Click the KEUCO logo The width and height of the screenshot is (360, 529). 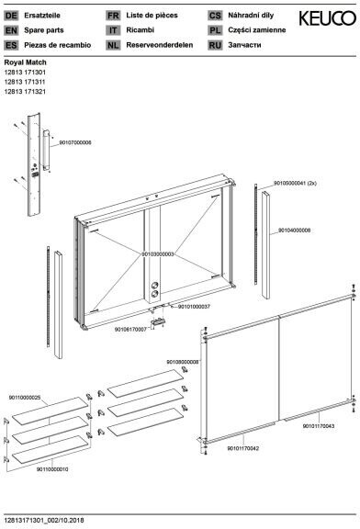coord(327,18)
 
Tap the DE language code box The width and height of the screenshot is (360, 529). coord(11,16)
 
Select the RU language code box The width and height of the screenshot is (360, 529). coord(215,45)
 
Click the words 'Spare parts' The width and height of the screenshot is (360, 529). coord(44,30)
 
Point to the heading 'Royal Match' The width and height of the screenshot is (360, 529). coord(26,62)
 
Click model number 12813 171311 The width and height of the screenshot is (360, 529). coord(25,82)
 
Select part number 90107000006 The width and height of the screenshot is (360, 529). coord(75,142)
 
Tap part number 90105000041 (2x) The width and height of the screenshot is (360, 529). coord(295,183)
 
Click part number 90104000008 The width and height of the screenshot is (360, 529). coord(294,231)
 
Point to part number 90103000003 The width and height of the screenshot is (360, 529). coord(158,254)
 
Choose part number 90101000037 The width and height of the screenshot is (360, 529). coord(194,307)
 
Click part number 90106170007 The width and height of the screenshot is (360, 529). coord(130,330)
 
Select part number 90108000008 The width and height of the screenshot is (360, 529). coord(183,362)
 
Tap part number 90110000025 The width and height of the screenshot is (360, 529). coord(25,398)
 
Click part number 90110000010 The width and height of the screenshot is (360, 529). coord(52,469)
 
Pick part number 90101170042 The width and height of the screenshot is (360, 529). coord(243,448)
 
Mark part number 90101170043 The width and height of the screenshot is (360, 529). coord(319,426)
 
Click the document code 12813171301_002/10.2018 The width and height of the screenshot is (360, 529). coord(44,521)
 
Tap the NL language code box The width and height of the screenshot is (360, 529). coord(113,45)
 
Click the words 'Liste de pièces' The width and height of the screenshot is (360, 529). coord(152,16)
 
